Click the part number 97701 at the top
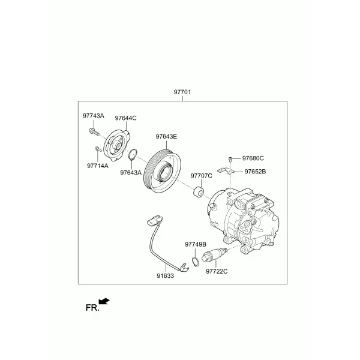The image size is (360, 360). (x=182, y=92)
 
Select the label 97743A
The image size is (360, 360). (x=94, y=116)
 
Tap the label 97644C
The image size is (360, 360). (x=125, y=118)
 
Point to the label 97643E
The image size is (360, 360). (x=166, y=137)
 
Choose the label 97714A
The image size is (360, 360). (x=98, y=166)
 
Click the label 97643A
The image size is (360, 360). (x=131, y=172)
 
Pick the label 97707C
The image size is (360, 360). (x=202, y=176)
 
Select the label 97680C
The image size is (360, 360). (x=253, y=158)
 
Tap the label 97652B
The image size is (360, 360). (x=255, y=172)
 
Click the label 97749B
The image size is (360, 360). (x=196, y=245)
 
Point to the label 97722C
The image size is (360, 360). (x=217, y=271)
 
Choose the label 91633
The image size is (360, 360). (x=166, y=276)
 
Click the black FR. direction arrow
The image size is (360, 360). (x=104, y=301)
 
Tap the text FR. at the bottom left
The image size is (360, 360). (x=92, y=308)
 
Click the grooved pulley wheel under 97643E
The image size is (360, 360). (x=162, y=171)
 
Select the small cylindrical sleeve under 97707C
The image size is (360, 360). (x=199, y=193)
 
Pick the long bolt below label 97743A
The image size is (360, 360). (x=94, y=132)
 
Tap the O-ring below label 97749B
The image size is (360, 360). (x=195, y=262)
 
